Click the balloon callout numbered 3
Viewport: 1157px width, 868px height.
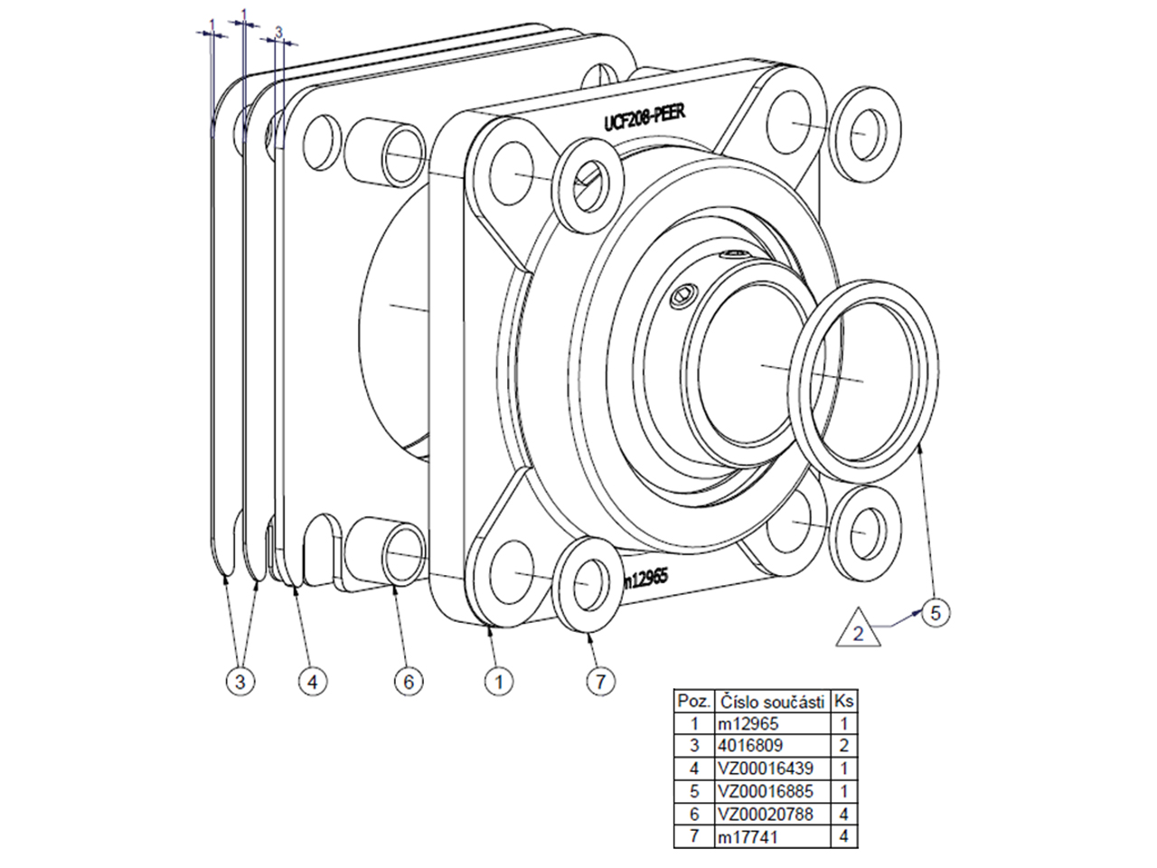coord(239,682)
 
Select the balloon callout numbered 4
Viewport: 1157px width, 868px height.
coord(312,682)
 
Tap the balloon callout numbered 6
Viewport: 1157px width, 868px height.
coord(408,682)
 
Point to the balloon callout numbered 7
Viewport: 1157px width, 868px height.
coord(600,682)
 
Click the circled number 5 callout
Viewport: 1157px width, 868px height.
coord(936,612)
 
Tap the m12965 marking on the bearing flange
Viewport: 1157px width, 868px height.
coord(644,580)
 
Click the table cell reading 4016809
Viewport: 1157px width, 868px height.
coord(772,746)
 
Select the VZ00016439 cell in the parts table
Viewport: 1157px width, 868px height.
coord(772,769)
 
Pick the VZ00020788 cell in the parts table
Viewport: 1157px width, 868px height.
coord(772,815)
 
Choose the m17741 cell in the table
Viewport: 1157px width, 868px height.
coord(772,837)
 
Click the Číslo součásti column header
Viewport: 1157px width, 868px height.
coord(772,701)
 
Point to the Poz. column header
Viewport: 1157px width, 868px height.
coord(694,701)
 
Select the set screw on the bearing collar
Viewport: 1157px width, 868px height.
coord(684,295)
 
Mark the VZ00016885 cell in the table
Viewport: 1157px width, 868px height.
coord(772,792)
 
